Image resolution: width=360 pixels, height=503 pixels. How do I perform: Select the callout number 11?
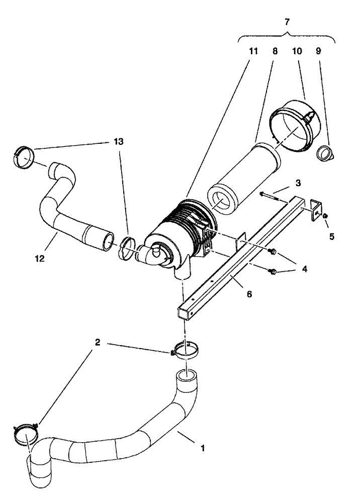point(253,51)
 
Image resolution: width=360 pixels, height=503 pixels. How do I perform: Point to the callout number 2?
point(97,343)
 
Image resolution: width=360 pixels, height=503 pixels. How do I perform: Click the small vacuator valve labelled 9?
point(325,152)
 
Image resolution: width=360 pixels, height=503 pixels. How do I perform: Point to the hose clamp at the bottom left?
point(26,434)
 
